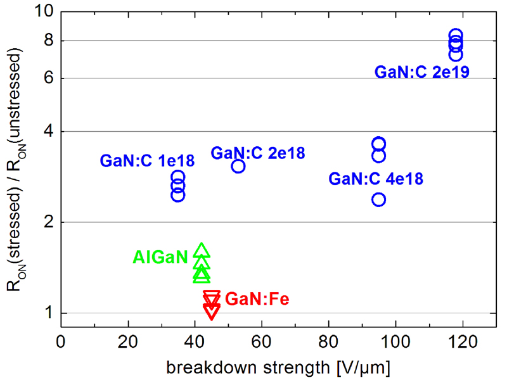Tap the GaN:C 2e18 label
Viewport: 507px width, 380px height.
click(258, 153)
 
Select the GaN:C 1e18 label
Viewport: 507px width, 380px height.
click(147, 161)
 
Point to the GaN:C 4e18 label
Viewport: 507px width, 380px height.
click(376, 179)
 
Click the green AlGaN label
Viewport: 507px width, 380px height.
click(160, 256)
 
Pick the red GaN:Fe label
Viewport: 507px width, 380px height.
click(257, 298)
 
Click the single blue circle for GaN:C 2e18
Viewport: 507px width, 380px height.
click(238, 166)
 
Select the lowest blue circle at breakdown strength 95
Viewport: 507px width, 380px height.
click(378, 199)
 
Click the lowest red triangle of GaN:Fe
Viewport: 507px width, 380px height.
click(212, 312)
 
